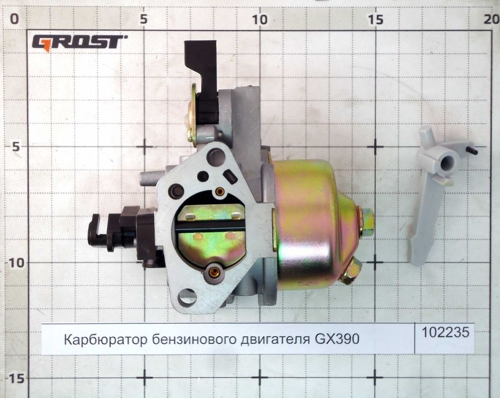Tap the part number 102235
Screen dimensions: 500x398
coord(445,332)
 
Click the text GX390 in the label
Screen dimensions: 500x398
coord(337,340)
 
